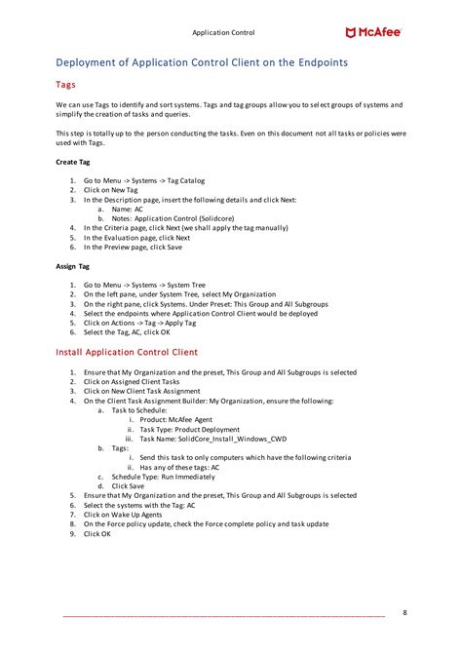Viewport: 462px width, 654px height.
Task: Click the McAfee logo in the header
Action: click(x=373, y=32)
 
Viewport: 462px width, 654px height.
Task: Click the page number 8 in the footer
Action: click(x=405, y=612)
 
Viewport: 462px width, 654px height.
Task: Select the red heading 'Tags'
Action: click(x=66, y=85)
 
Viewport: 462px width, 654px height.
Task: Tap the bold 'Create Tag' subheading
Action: click(x=73, y=162)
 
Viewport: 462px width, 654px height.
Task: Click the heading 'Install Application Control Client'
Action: click(x=127, y=352)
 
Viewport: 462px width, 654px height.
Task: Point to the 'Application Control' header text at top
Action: click(x=223, y=33)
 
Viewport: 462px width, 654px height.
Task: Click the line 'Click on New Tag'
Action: click(x=110, y=190)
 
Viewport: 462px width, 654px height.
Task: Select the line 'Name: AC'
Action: click(x=128, y=209)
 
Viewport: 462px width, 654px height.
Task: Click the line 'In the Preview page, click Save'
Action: click(x=133, y=247)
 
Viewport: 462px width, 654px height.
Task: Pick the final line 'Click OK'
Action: click(x=97, y=534)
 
